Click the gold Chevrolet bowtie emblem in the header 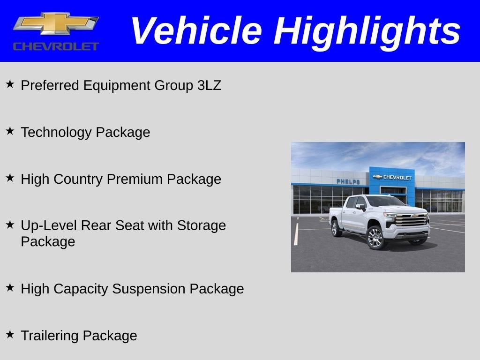[x=56, y=24]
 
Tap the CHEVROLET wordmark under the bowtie [x=56, y=46]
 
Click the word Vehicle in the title [x=195, y=30]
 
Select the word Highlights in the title [x=367, y=30]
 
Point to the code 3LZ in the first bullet [x=209, y=85]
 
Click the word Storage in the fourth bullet [x=201, y=225]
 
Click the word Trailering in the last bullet [x=50, y=336]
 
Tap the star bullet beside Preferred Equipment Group [x=10, y=84]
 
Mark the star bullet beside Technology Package [x=10, y=131]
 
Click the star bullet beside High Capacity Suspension [x=10, y=288]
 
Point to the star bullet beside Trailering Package [x=10, y=335]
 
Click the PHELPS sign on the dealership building [x=348, y=181]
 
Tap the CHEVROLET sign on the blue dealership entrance [x=392, y=177]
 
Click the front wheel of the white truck [x=375, y=237]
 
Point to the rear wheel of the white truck [x=336, y=228]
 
